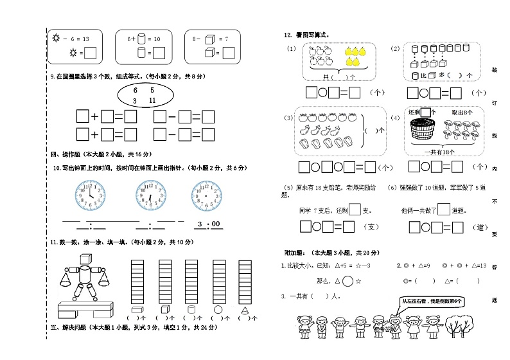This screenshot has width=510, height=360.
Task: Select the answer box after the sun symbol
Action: pos(91,52)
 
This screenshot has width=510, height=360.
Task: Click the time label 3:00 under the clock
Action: pos(208,224)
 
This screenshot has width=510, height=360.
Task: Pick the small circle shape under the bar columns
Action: pos(218,309)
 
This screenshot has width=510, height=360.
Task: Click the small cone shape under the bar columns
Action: pos(245,309)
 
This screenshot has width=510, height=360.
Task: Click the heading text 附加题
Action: pos(297,252)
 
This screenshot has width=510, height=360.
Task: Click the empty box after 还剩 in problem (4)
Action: pos(425,111)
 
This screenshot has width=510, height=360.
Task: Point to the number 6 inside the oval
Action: pos(136,91)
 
